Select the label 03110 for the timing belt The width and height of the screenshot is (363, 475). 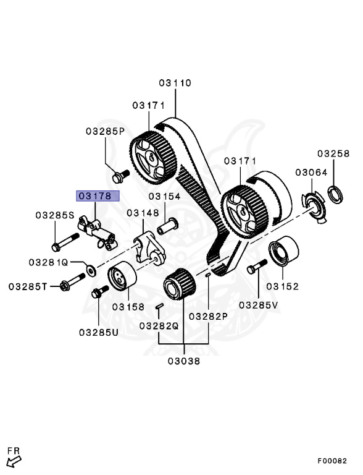pyautogui.click(x=175, y=82)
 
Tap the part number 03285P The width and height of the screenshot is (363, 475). pyautogui.click(x=105, y=131)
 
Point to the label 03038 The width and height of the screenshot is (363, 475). pyautogui.click(x=183, y=362)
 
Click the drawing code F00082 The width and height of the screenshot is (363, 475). pyautogui.click(x=333, y=461)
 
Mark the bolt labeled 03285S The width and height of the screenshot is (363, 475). pyautogui.click(x=60, y=241)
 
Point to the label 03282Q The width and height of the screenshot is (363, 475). pyautogui.click(x=159, y=325)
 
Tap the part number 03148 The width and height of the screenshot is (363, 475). pyautogui.click(x=143, y=213)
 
